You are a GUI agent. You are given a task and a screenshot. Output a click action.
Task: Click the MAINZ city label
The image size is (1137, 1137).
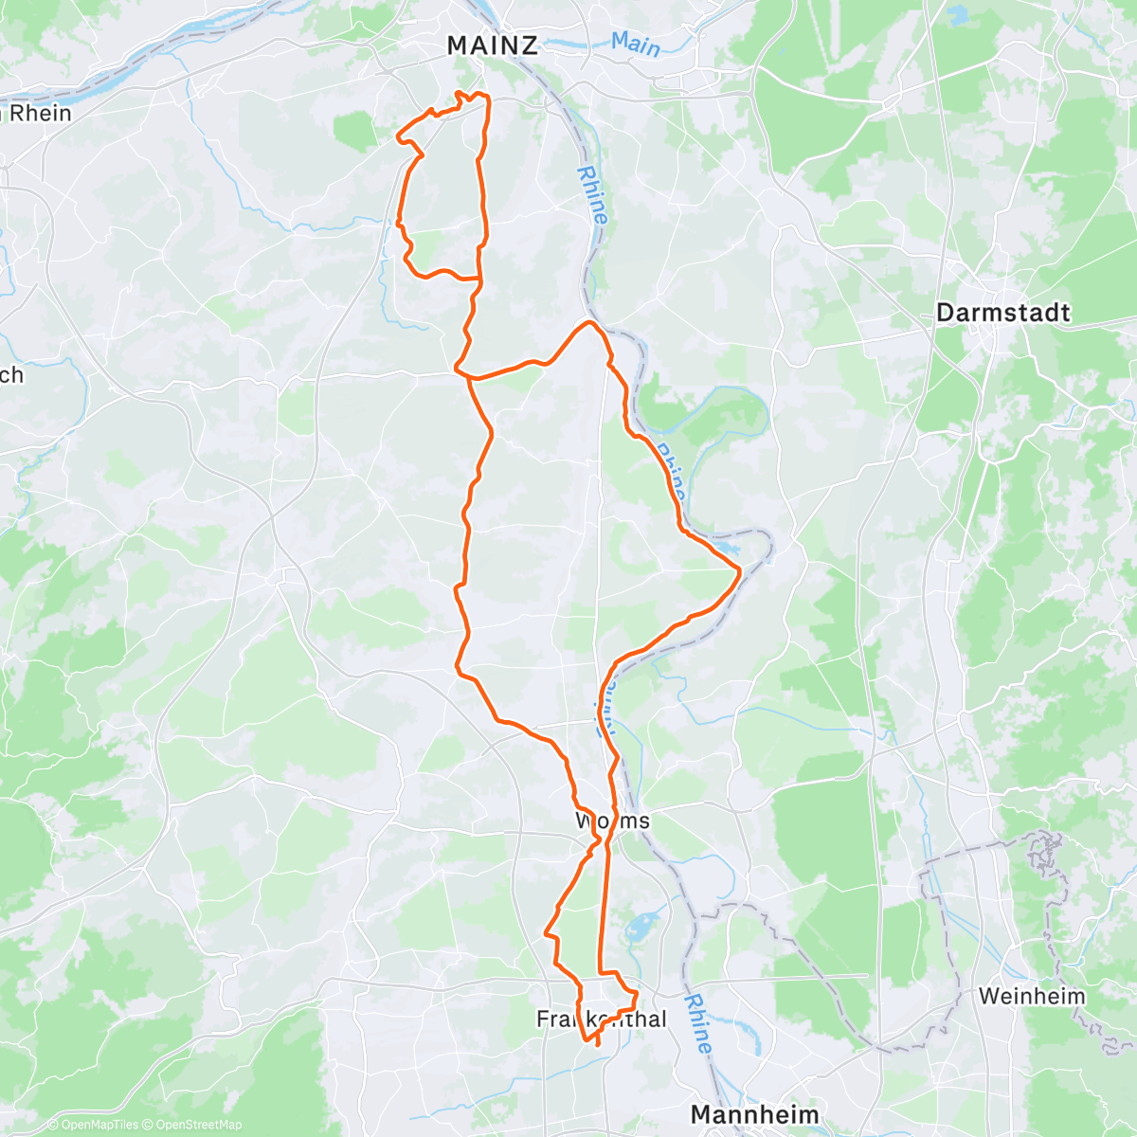(492, 45)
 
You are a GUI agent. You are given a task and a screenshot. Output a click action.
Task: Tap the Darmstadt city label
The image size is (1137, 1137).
(1002, 313)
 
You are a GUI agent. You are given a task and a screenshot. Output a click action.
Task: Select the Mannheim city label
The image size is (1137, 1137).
(754, 1113)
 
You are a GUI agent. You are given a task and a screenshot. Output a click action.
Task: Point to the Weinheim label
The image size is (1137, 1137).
(1032, 996)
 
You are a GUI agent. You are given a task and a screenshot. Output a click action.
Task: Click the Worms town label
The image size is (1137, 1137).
(613, 820)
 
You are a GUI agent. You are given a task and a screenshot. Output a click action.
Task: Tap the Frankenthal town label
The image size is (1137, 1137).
(602, 1020)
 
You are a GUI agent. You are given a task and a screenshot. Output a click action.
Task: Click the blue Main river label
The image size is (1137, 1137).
(635, 44)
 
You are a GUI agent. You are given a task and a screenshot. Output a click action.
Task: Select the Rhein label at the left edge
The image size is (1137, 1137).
(38, 114)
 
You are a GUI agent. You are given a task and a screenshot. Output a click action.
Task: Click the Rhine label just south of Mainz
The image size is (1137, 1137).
(592, 195)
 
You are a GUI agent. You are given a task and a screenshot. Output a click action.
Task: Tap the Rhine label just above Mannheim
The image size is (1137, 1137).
(698, 1022)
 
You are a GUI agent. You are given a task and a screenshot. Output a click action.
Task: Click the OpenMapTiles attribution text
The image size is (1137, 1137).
(99, 1125)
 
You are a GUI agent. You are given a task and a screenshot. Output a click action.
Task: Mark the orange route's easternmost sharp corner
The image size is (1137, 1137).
(739, 569)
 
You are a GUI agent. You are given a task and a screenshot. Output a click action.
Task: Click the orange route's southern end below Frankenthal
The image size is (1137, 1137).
(597, 1044)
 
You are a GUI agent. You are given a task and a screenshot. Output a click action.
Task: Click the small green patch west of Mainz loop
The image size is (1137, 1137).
(354, 131)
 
